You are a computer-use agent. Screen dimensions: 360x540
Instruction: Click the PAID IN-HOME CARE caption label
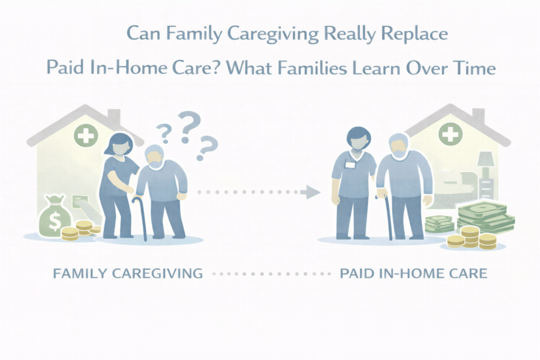[x=413, y=274]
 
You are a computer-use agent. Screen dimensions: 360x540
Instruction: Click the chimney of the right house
[x=478, y=115]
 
